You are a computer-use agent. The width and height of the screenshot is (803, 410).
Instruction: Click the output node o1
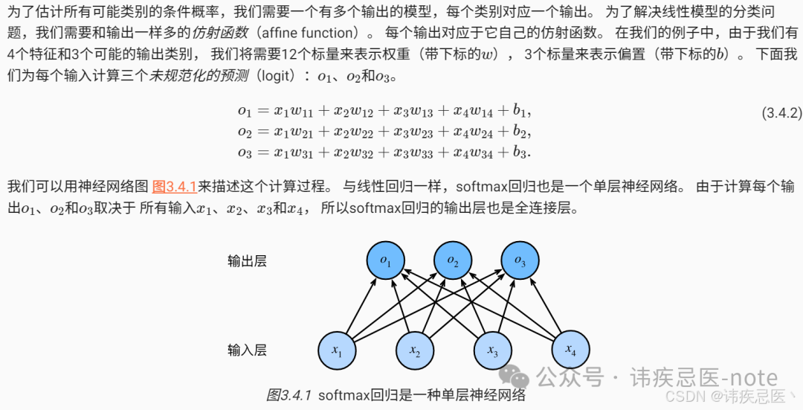click(386, 261)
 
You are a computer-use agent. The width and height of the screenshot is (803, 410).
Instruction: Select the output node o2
click(453, 261)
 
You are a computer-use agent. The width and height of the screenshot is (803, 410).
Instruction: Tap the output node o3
click(520, 261)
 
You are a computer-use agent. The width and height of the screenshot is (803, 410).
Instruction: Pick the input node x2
click(415, 350)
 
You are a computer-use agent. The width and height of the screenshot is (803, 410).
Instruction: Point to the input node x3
click(492, 350)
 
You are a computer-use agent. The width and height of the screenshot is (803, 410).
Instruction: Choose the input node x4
click(570, 349)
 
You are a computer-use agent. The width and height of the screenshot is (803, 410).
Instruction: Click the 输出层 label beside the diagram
click(247, 261)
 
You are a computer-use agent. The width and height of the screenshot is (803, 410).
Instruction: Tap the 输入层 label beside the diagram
click(247, 350)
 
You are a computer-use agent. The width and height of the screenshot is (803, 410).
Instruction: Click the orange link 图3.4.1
click(174, 186)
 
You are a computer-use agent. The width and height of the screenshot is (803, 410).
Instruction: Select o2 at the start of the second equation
click(245, 132)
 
